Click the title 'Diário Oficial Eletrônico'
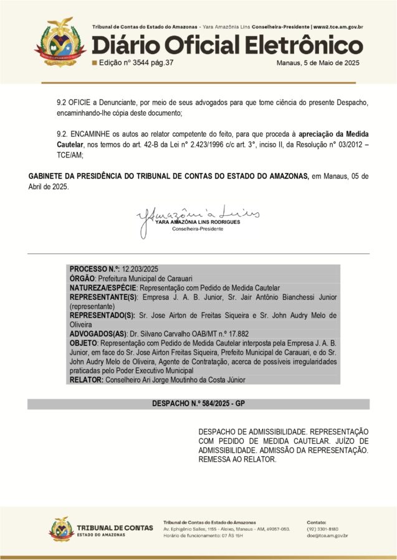227,45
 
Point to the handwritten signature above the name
198,217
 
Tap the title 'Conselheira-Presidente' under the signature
197,229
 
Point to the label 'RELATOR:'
87,380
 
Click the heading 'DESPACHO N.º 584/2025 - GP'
198,404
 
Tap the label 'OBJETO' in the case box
84,343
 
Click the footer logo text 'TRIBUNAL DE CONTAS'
115,528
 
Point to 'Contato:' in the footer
317,521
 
